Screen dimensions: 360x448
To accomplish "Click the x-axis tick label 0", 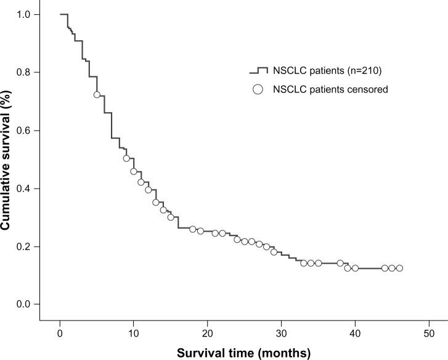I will click(x=60, y=325).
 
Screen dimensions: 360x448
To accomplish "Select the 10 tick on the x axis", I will click(x=133, y=325).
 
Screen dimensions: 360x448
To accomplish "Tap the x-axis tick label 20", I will click(x=207, y=325).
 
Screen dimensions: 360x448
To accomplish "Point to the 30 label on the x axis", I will click(x=281, y=325).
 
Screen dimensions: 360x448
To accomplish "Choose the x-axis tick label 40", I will click(x=355, y=325).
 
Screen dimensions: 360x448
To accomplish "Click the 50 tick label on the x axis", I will click(x=429, y=325).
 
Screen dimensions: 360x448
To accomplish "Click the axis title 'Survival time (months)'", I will click(x=244, y=352).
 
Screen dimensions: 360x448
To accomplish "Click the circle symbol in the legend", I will click(x=258, y=89).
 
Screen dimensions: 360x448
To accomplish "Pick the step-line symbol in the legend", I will click(x=258, y=70).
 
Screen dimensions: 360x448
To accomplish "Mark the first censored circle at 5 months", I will click(x=97, y=94).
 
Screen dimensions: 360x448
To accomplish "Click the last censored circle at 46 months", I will click(x=399, y=268).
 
